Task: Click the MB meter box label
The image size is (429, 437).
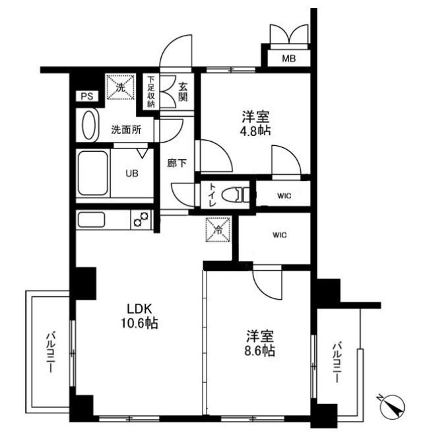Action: (289, 59)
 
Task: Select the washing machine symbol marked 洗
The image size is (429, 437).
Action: (121, 87)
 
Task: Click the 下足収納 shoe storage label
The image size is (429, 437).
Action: (150, 92)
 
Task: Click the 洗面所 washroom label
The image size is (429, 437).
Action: (125, 130)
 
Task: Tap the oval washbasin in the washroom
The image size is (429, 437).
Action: (87, 125)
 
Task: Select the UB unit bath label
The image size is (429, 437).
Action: (133, 175)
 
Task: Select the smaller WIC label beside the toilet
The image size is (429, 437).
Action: (284, 196)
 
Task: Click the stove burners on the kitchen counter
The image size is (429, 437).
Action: (141, 218)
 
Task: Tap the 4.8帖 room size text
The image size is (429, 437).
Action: (255, 130)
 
